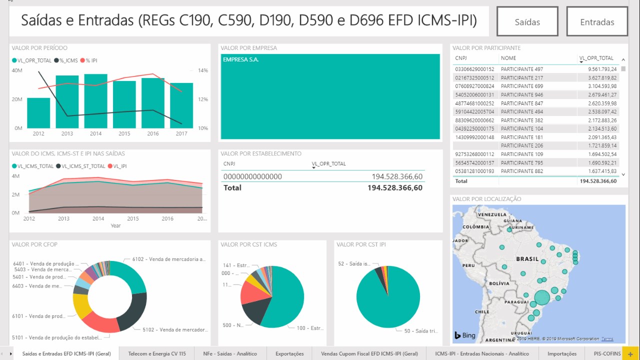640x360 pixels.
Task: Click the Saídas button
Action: (x=527, y=21)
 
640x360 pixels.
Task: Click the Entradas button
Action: (x=597, y=21)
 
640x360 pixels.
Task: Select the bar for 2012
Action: (x=38, y=113)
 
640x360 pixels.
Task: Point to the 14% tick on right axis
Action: (x=202, y=70)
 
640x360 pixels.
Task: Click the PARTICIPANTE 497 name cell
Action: (x=522, y=69)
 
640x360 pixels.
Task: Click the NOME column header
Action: (x=508, y=58)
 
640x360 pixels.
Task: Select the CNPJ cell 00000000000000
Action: (x=252, y=176)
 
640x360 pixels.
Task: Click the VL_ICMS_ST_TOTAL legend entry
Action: (x=80, y=166)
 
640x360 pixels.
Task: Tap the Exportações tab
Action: (x=289, y=353)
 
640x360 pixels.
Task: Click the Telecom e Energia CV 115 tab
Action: (x=157, y=353)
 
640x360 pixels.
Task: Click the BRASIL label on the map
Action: (x=527, y=259)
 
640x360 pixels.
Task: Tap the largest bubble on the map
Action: (x=542, y=298)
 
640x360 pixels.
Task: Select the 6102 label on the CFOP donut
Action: (x=168, y=259)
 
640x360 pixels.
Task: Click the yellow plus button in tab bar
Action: (x=630, y=353)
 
